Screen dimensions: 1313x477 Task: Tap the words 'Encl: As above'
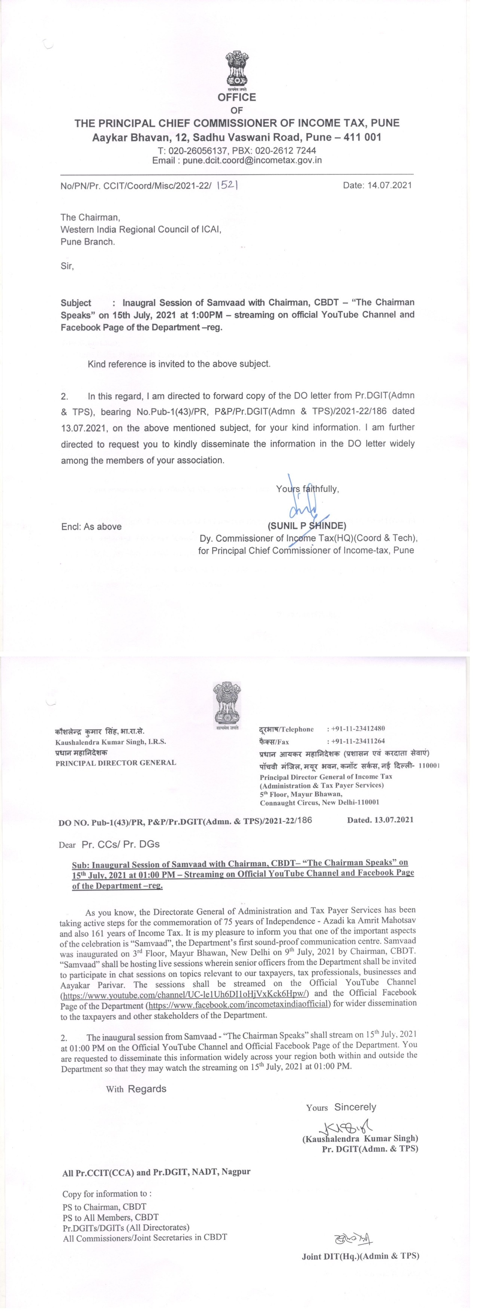(x=91, y=527)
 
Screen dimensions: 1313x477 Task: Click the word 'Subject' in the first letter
(x=76, y=302)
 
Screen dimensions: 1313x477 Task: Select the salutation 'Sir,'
(x=67, y=266)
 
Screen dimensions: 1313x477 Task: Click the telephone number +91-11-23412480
(x=356, y=729)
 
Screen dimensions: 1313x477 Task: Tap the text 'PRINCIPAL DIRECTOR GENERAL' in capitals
(x=116, y=763)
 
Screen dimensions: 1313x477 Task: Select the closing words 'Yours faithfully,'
(x=307, y=489)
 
